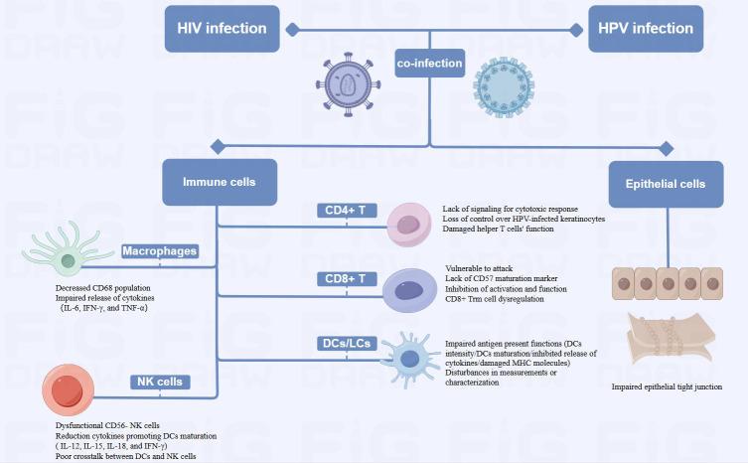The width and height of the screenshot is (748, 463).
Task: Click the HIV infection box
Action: (x=221, y=28)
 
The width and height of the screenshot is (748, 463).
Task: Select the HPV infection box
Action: (x=646, y=28)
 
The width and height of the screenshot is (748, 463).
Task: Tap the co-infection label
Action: (x=430, y=63)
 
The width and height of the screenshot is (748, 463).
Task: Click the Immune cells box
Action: (x=220, y=183)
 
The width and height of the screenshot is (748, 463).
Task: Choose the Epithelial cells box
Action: (x=665, y=183)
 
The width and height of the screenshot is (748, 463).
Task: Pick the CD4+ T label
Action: (x=347, y=211)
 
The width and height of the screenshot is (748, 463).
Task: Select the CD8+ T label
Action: (x=347, y=279)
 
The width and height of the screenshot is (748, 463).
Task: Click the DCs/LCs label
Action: (x=347, y=343)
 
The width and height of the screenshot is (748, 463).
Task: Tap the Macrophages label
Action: (x=159, y=251)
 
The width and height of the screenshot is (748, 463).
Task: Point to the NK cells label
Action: (x=158, y=382)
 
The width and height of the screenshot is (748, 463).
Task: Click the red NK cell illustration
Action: (x=69, y=390)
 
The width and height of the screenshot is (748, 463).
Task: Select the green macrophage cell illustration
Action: (x=68, y=259)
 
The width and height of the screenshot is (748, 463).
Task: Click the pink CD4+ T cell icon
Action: (x=407, y=222)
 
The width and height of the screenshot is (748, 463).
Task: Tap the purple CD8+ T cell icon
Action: (x=409, y=288)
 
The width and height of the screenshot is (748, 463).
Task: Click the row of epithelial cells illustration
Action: (x=666, y=283)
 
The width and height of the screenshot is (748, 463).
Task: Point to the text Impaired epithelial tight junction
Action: (x=666, y=386)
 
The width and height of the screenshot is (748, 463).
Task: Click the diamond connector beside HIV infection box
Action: (x=292, y=29)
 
